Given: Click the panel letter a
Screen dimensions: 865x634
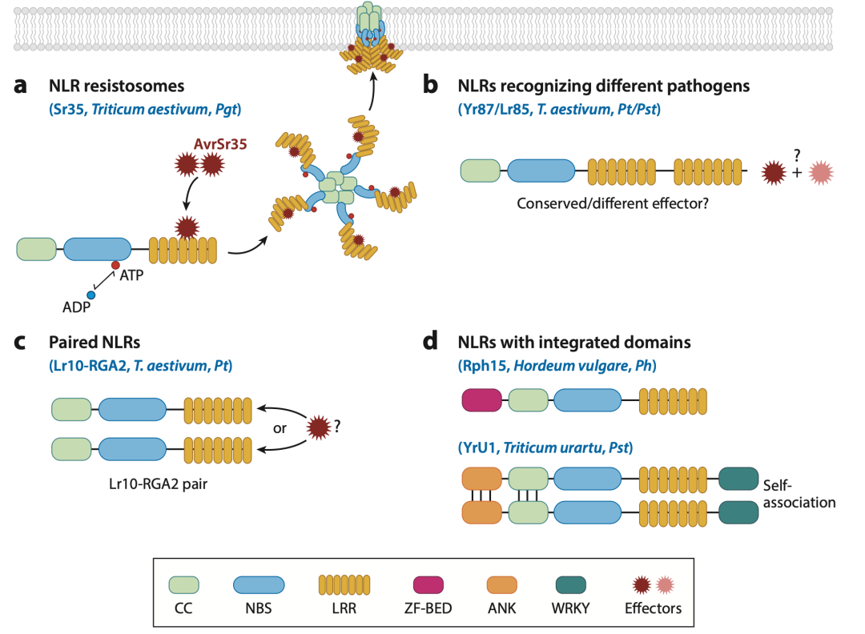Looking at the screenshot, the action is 20,86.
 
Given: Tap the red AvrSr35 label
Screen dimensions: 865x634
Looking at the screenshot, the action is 220,144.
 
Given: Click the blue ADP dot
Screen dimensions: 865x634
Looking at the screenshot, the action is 91,295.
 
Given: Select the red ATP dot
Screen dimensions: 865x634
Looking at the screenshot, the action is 115,265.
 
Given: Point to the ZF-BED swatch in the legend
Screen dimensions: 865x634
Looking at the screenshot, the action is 428,585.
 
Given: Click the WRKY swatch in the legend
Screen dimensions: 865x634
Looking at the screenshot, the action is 570,585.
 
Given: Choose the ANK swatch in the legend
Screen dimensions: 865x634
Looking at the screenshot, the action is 502,585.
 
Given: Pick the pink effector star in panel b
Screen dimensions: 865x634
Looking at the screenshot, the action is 821,173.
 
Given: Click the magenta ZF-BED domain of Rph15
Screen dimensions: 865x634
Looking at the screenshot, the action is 481,401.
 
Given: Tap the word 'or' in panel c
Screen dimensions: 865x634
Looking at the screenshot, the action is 280,428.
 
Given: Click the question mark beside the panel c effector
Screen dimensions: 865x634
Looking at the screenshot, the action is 338,426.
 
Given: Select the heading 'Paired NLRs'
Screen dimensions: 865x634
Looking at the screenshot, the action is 95,343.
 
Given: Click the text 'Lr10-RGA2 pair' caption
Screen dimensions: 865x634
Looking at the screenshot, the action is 159,484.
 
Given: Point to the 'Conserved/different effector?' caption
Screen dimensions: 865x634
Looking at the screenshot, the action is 613,203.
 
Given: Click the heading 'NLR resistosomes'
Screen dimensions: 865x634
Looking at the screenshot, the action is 116,86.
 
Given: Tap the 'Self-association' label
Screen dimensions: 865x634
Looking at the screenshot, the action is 799,494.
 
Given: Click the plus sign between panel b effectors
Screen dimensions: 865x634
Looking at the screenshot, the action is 797,173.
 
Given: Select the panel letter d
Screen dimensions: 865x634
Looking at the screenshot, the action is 430,341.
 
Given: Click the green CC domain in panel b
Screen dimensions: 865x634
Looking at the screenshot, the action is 481,171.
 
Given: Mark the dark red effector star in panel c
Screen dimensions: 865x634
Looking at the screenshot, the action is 318,427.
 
